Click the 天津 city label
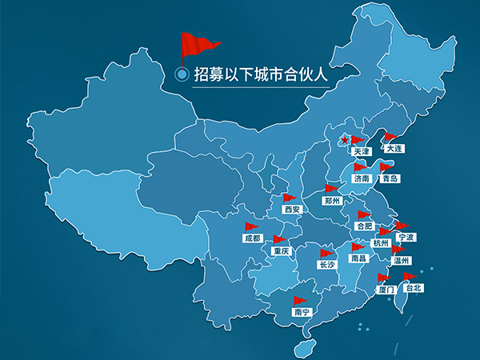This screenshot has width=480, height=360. tap(362, 151)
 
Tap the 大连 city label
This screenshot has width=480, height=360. tap(394, 148)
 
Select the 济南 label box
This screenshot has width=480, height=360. tap(362, 178)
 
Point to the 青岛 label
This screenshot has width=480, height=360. tap(390, 178)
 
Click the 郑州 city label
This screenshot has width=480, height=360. tap(332, 200)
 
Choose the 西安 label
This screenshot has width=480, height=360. tap(292, 209)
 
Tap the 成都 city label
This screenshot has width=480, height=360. tap(253, 238)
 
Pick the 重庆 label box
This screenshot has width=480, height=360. tap(280, 250)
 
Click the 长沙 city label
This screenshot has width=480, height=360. tap(326, 264)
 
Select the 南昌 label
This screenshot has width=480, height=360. tap(358, 258)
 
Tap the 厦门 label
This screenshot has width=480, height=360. tap(385, 289)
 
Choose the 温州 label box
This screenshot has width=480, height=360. tap(400, 260)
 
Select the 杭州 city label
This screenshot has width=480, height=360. tap(381, 242)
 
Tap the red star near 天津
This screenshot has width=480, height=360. tap(345, 142)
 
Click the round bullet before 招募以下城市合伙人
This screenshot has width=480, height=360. tap(182, 74)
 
